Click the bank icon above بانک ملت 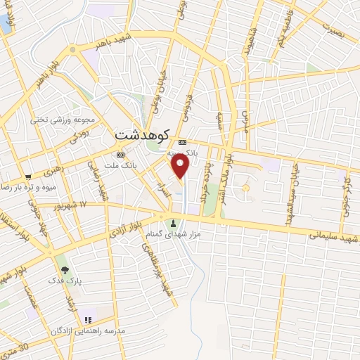tap(121, 155)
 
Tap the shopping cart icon tap(27, 176)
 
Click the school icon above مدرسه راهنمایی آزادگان tap(88, 319)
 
